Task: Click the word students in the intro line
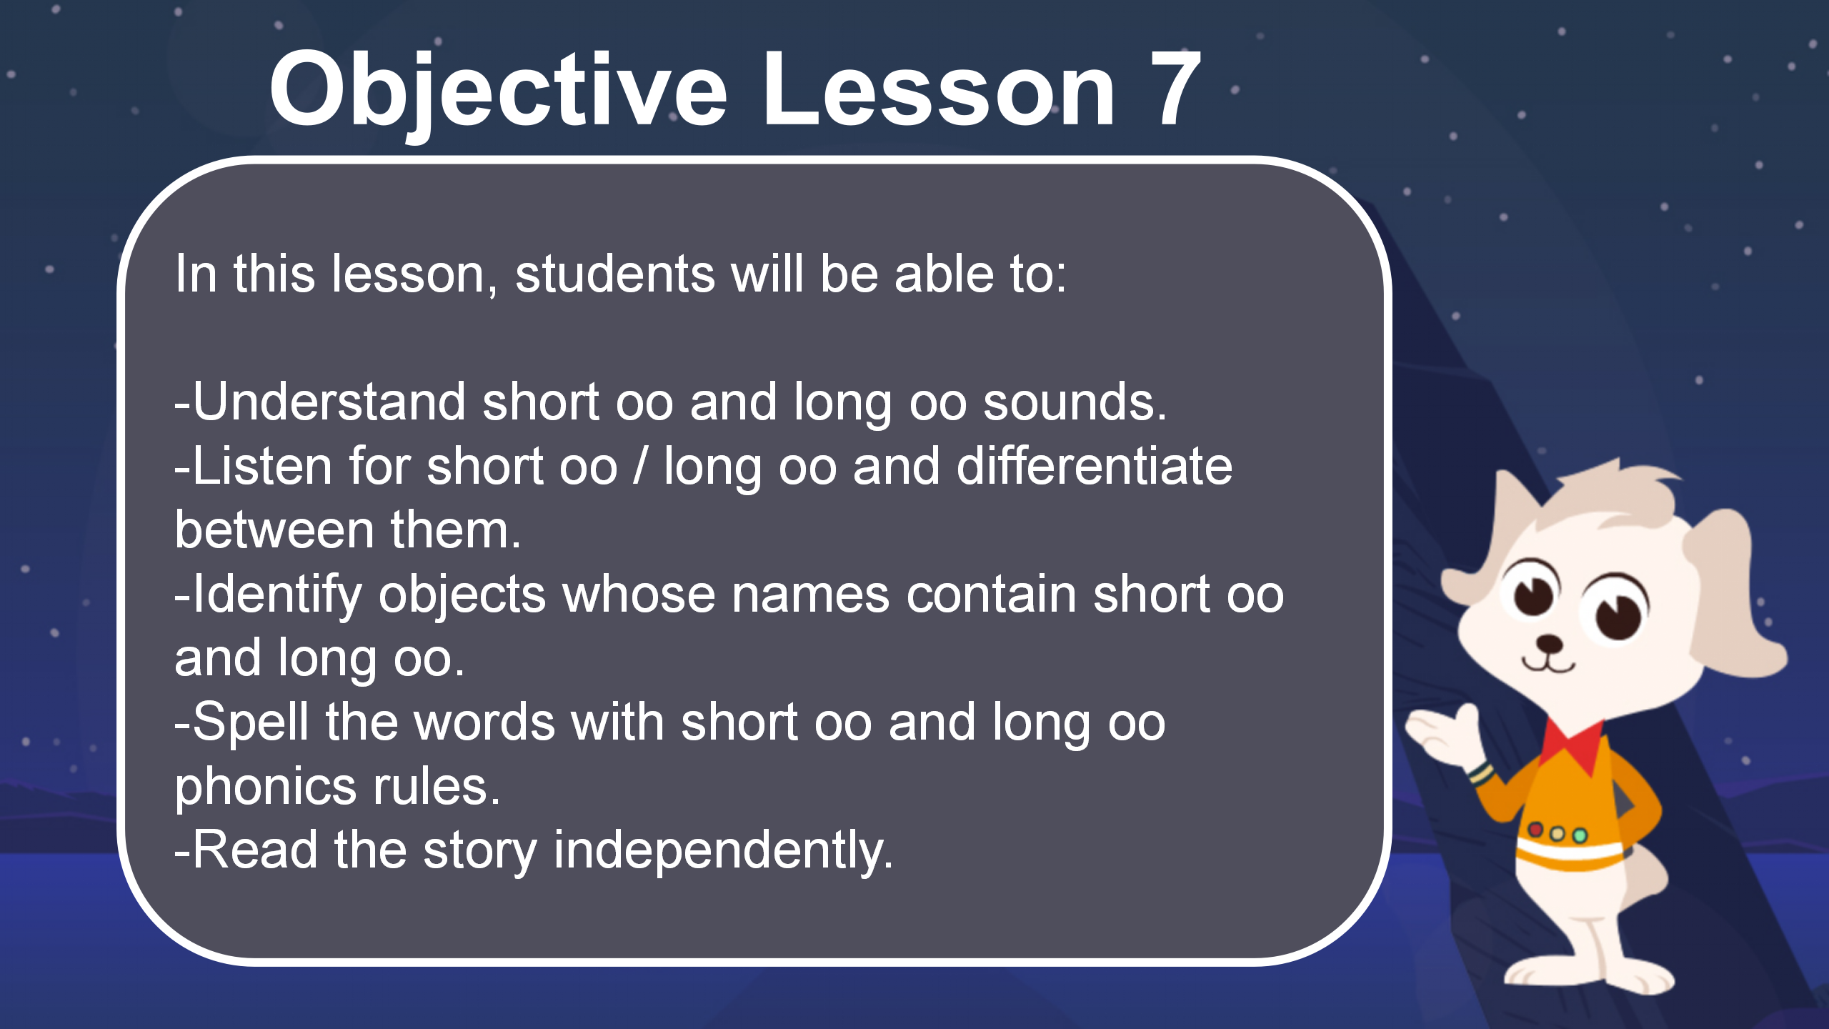click(615, 274)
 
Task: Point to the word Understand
click(329, 402)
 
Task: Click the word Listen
click(262, 466)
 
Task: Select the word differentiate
click(1095, 466)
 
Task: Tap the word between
click(274, 530)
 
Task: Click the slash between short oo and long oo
click(641, 466)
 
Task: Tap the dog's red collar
click(1573, 747)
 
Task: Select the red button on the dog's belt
click(1535, 830)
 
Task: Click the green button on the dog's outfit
click(1580, 835)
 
